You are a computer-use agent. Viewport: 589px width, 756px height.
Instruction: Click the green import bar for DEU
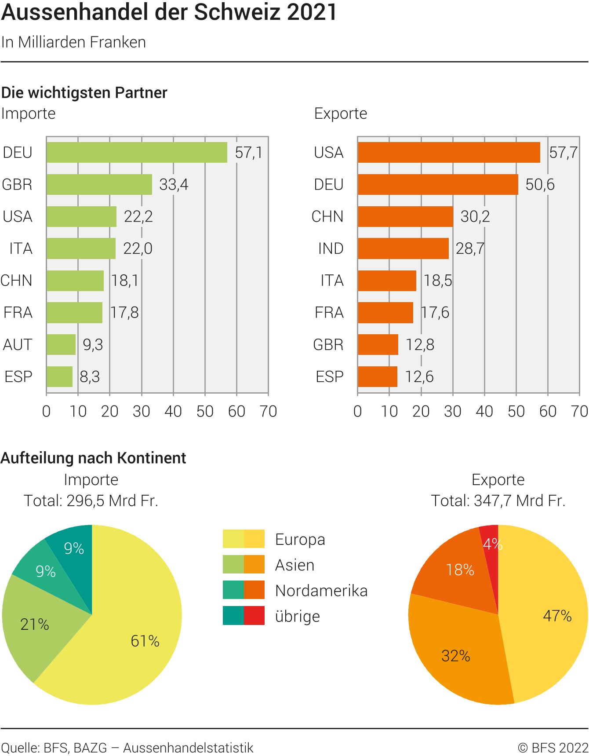click(x=137, y=153)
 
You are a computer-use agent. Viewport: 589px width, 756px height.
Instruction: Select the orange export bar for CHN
click(x=405, y=216)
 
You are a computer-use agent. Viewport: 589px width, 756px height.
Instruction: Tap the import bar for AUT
click(x=61, y=344)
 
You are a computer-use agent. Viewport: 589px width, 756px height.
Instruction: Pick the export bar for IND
click(x=403, y=248)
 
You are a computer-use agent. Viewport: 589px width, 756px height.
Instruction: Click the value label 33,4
click(x=174, y=185)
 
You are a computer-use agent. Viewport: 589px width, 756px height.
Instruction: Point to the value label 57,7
click(x=563, y=153)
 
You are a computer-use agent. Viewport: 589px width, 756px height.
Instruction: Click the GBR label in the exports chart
click(x=328, y=344)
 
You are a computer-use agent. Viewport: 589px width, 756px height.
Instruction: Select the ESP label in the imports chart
click(x=18, y=376)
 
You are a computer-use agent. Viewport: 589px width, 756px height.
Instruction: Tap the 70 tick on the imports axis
click(x=268, y=412)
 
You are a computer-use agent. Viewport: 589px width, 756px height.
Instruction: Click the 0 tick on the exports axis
click(x=358, y=412)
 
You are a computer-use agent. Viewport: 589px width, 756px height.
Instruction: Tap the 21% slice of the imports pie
click(x=31, y=625)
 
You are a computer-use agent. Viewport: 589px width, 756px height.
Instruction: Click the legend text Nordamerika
click(x=321, y=591)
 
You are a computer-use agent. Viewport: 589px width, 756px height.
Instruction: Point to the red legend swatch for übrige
click(x=254, y=616)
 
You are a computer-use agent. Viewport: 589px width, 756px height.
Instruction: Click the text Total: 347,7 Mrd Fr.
click(x=498, y=500)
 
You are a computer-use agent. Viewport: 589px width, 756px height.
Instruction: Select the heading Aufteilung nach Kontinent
click(x=93, y=458)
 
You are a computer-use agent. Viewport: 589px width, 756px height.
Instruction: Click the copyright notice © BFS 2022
click(x=553, y=748)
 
